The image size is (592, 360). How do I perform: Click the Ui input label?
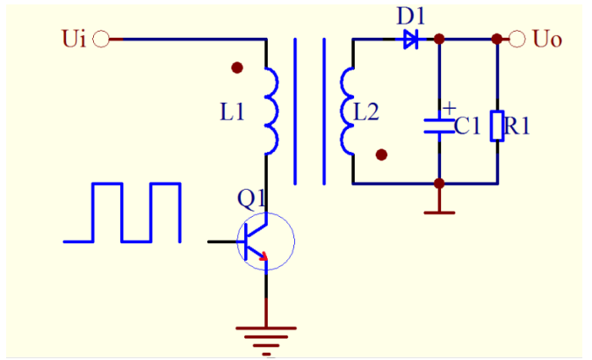74,40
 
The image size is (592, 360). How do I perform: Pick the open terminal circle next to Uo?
516,40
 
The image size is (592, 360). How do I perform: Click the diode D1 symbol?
410,40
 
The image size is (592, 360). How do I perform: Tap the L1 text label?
232,112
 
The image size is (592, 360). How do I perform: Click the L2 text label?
367,112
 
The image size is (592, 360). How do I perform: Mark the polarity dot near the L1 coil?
236,68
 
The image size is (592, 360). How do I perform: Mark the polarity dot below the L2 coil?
381,155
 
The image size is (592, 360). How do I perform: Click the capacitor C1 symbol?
438,126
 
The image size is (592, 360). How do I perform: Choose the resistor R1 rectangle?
497,126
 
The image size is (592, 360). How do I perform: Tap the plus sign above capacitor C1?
449,107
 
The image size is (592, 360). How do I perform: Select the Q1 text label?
252,199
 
